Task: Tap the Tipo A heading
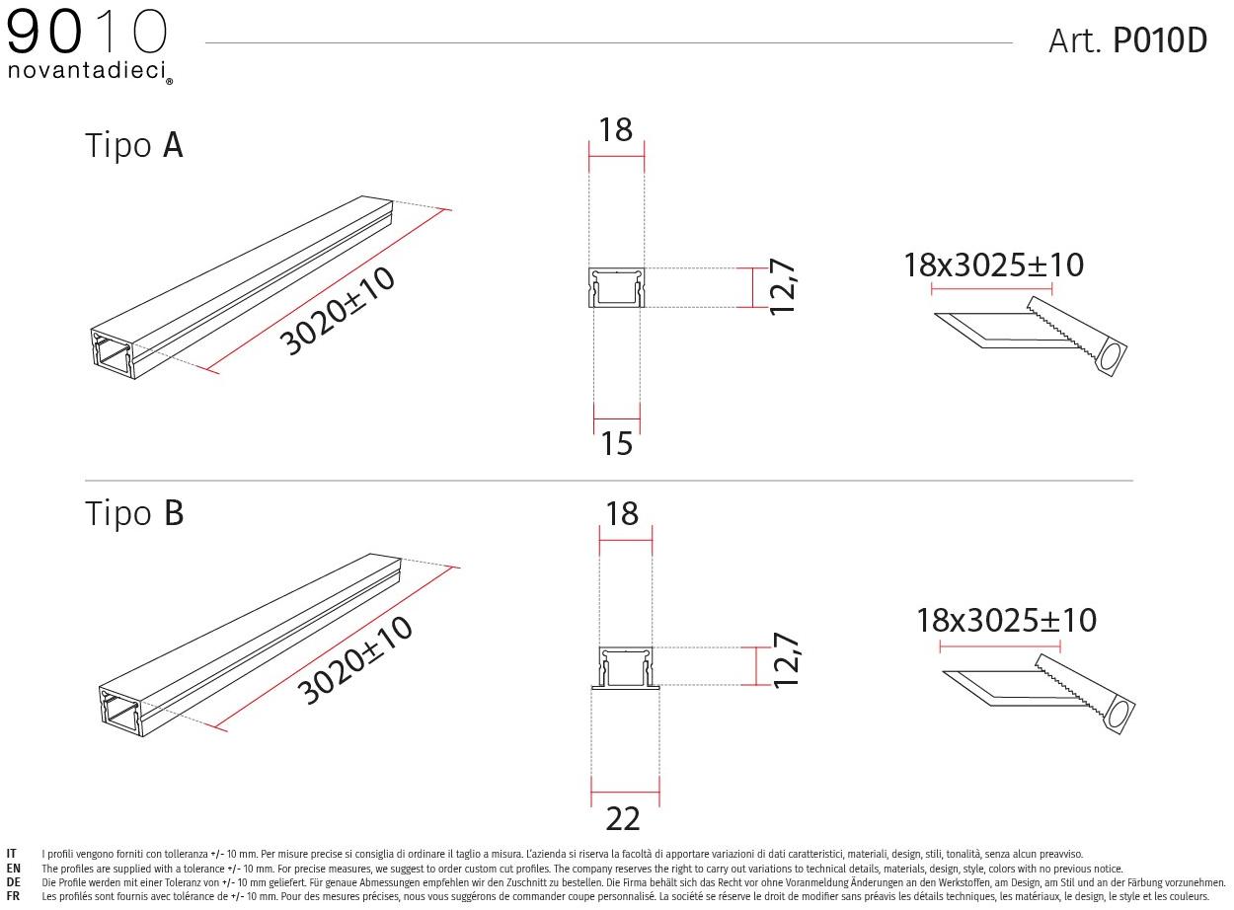(134, 146)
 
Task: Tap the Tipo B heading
(134, 514)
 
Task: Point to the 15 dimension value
(616, 444)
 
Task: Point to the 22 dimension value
(623, 818)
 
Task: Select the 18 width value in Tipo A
(616, 129)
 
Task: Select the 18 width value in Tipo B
(623, 514)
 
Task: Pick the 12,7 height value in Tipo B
(786, 661)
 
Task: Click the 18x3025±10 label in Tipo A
(993, 265)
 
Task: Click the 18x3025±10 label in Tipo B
(1006, 621)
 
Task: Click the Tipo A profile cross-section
(617, 288)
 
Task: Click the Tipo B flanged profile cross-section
(625, 668)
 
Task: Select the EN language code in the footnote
(13, 869)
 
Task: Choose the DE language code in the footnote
(13, 882)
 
